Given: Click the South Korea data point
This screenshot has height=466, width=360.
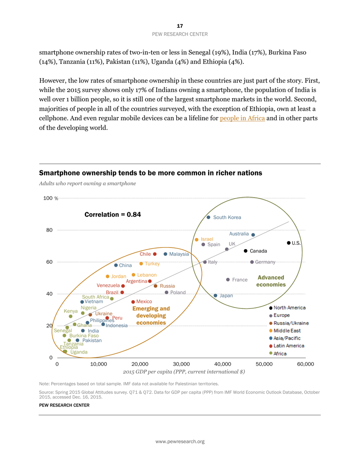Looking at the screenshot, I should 208,217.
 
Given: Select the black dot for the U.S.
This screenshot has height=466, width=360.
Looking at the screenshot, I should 289,243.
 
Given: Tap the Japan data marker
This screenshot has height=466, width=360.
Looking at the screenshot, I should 215,296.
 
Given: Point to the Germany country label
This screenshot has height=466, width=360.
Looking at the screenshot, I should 265,262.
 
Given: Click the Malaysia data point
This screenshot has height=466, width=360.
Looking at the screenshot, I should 165,254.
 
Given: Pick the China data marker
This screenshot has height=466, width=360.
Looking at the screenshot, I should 116,265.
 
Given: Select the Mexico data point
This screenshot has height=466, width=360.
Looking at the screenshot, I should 133,302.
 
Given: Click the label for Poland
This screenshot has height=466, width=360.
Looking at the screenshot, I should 178,292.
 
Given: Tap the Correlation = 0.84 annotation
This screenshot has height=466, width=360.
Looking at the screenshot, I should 113,214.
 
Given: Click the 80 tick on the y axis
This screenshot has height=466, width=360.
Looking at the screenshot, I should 49,230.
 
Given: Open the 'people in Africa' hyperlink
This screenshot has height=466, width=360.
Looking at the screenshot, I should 242,118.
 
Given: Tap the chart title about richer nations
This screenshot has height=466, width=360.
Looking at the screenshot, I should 150,173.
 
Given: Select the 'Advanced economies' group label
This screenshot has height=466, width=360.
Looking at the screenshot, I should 271,281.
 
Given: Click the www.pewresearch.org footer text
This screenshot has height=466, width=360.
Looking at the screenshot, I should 180,441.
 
